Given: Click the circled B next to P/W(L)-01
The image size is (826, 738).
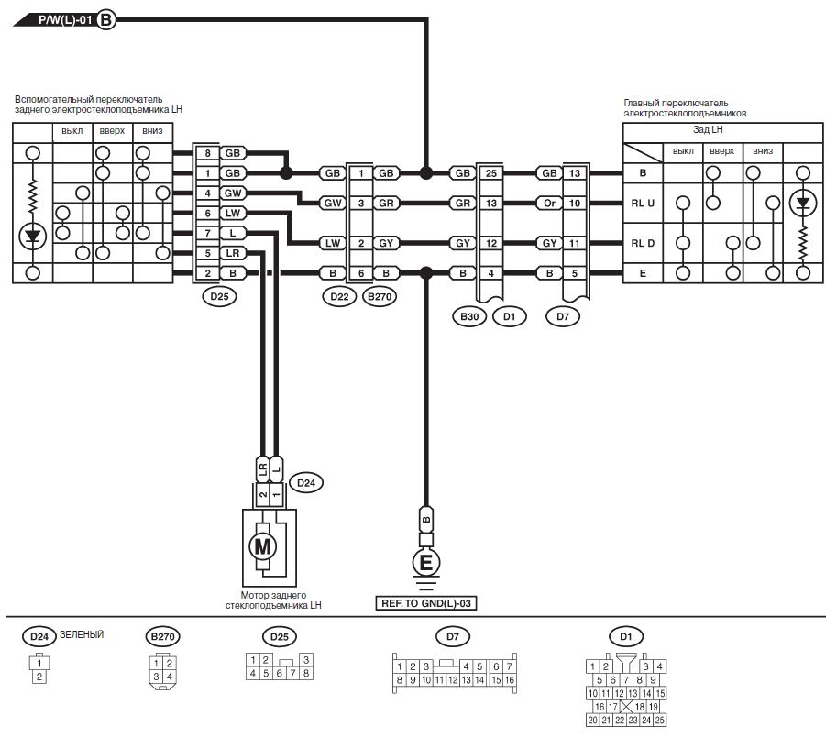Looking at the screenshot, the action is click(105, 20).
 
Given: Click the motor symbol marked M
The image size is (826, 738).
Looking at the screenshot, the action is click(262, 546).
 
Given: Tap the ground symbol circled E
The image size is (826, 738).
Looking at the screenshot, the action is click(425, 563).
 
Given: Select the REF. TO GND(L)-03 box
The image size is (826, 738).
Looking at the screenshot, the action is click(426, 603).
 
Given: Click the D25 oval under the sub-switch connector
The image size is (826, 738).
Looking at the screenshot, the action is click(219, 296).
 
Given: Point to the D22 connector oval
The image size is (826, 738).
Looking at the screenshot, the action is click(339, 296).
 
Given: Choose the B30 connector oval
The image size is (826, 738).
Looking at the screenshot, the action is click(469, 316).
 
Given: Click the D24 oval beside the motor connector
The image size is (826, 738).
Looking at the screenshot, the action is click(306, 483).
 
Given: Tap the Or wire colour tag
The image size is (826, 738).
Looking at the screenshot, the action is click(549, 204).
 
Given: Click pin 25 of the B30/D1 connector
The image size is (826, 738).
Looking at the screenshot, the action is click(491, 173).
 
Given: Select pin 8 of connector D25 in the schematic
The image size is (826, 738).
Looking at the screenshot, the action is click(207, 153).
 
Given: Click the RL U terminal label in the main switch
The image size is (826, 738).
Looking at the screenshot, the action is click(643, 204).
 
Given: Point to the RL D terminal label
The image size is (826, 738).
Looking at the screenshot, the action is click(643, 243).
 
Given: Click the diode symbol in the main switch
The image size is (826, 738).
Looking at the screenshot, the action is click(803, 204).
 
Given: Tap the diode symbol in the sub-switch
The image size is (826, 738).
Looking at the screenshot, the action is click(33, 236).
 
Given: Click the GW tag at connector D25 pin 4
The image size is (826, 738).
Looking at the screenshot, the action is click(232, 193).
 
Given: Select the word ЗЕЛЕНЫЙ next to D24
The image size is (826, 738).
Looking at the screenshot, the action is click(82, 634).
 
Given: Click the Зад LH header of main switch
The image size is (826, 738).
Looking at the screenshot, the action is click(708, 129).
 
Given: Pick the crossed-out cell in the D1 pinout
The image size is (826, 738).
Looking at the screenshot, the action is click(626, 707).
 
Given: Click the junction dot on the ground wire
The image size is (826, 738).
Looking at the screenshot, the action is click(426, 273).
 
